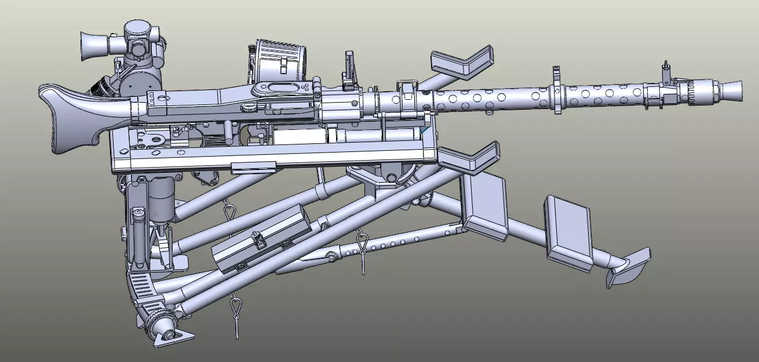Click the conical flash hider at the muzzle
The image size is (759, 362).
[732, 89]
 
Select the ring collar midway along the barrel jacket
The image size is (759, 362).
[557, 90]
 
